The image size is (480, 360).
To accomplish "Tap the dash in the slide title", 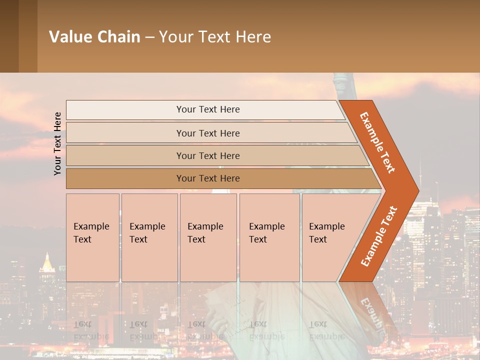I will [x=149, y=37].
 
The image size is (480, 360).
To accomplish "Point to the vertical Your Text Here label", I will [x=57, y=143].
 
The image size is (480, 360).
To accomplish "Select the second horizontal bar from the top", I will [x=207, y=133].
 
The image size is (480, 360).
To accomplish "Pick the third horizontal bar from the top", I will [x=207, y=155].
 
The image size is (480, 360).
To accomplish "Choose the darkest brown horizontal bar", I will [x=207, y=178].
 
